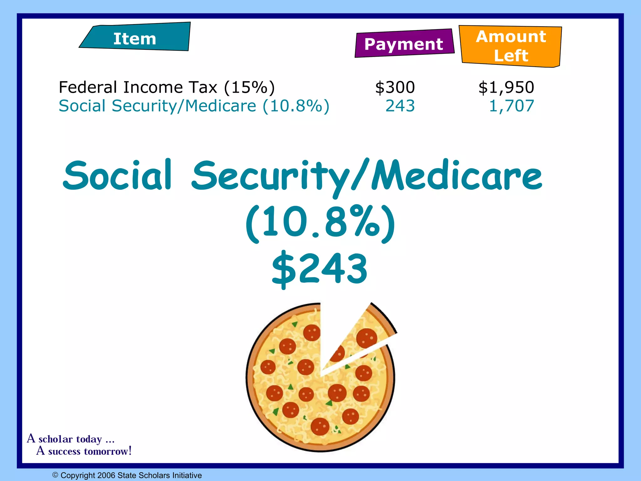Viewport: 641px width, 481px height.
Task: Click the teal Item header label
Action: point(135,39)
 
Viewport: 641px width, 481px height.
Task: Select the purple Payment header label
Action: point(404,44)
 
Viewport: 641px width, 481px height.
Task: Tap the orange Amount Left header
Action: point(511,46)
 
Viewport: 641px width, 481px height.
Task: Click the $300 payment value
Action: point(395,87)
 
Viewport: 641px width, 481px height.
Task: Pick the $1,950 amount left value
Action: point(506,87)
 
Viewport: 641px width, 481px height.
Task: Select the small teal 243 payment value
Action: point(400,106)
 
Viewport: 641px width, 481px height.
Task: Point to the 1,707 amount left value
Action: point(511,106)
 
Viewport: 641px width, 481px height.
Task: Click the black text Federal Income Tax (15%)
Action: point(167,87)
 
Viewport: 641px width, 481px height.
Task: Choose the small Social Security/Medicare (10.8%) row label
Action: point(194,106)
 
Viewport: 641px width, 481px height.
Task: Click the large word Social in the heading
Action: point(117,175)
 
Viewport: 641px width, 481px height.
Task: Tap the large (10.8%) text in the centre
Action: point(320,223)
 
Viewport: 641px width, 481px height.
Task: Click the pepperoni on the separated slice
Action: point(367,338)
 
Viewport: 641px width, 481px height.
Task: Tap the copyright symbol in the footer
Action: point(55,475)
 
